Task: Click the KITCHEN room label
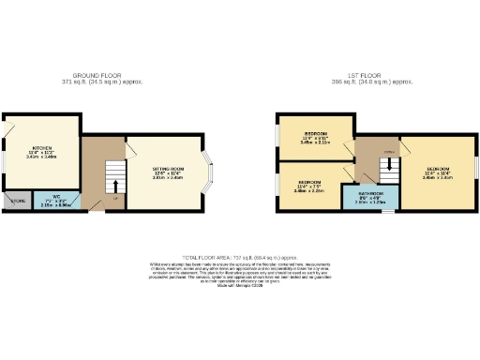(x=41, y=148)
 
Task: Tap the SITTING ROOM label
(x=168, y=169)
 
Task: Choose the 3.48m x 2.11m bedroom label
(x=315, y=134)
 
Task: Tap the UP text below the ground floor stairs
(x=115, y=198)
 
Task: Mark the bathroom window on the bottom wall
(x=382, y=211)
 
